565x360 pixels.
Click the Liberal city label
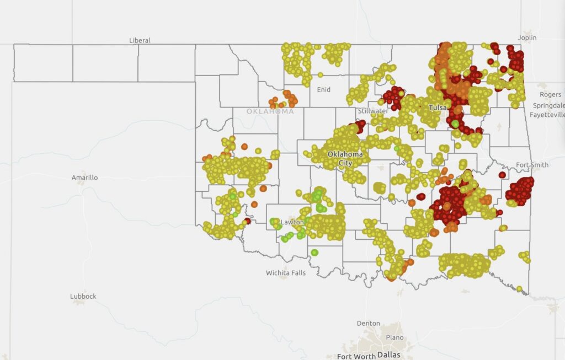[x=140, y=40]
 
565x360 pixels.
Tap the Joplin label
[x=527, y=37]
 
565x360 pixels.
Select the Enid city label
[x=323, y=89]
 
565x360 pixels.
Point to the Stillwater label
[x=373, y=111]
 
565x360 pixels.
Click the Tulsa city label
[x=439, y=108]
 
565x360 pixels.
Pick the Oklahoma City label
[x=345, y=158]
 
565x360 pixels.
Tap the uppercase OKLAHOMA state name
[x=270, y=111]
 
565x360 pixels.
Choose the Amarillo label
[x=84, y=178]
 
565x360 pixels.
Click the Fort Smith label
[x=532, y=165]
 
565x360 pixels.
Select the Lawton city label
[x=292, y=222]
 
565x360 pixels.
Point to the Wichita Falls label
[x=285, y=273]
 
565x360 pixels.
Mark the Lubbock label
[x=83, y=296]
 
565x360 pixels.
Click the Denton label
[x=368, y=323]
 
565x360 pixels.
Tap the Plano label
[x=395, y=337]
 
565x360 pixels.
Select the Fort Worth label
[x=355, y=356]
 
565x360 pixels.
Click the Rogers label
[x=550, y=95]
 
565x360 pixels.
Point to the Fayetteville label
[x=547, y=115]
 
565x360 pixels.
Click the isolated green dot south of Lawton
[x=314, y=252]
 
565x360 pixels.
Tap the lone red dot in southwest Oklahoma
[x=247, y=221]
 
